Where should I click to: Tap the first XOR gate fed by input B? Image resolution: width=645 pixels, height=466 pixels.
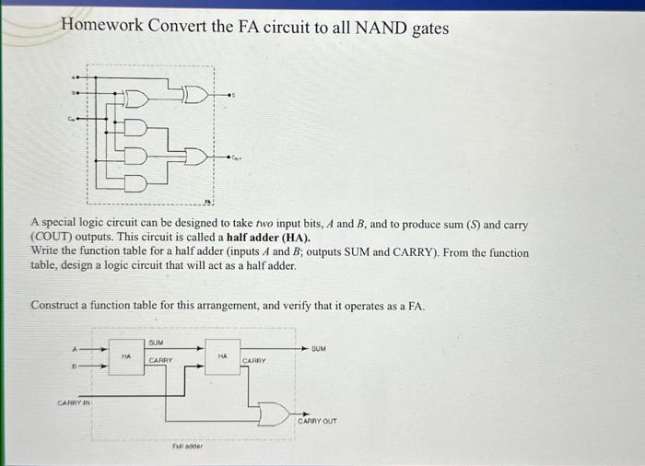coord(135,97)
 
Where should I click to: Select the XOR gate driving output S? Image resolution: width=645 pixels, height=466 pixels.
coord(195,93)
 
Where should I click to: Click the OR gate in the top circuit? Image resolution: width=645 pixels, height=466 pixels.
coord(194,158)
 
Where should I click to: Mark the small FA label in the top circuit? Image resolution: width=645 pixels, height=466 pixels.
coord(207,200)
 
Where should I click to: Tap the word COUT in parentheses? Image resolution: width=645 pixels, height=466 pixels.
coord(55,238)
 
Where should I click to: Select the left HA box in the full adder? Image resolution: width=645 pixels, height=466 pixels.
coord(126,355)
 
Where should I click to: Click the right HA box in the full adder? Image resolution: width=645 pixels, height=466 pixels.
coord(222,355)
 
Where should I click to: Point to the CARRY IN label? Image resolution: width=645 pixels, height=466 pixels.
coord(74,402)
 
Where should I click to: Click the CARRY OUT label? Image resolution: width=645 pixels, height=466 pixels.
coord(317,421)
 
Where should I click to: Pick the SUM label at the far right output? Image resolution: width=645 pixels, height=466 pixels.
coord(319,349)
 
